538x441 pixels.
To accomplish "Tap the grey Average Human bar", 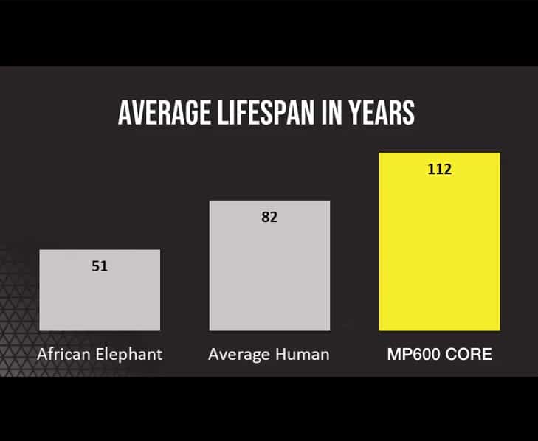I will (269, 273).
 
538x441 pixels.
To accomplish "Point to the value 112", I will (439, 169).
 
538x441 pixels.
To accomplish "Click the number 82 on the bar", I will (269, 218).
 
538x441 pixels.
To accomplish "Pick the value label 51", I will (100, 266).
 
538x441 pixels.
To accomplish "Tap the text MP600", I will (413, 355).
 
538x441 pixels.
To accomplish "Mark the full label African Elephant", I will (100, 355).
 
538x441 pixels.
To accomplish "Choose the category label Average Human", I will (269, 355).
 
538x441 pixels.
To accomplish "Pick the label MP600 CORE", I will (440, 355).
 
